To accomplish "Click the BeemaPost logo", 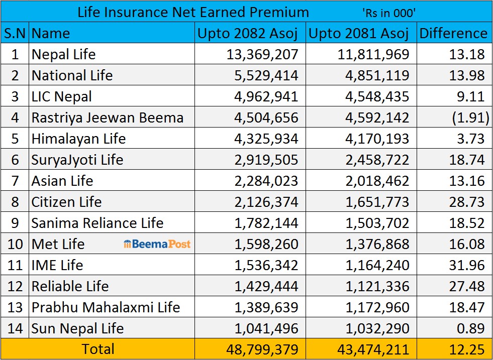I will click(157, 244).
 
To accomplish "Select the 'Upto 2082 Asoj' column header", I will click(248, 33).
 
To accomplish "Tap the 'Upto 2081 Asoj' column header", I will click(359, 33).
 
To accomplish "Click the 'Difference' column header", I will click(453, 33).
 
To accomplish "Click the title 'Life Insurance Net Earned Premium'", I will click(193, 12).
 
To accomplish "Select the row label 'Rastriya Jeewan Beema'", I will click(107, 117).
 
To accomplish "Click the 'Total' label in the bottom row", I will click(98, 348).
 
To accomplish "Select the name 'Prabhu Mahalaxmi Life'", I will click(106, 307).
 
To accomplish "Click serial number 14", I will click(15, 328).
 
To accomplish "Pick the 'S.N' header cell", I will click(15, 33).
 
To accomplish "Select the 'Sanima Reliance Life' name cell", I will click(97, 223).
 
